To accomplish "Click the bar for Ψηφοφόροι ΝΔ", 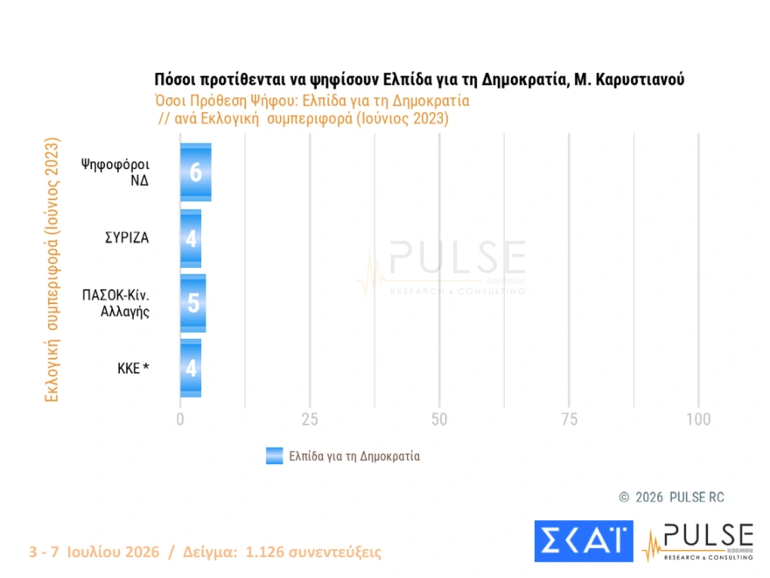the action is coord(196,172).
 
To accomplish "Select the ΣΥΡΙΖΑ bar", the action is coord(191,238).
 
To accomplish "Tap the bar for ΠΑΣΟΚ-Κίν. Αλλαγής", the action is coord(193,303).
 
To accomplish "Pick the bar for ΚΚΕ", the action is coord(191,368).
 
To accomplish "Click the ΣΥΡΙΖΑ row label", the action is coord(127,238).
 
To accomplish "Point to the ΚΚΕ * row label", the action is coord(133,368).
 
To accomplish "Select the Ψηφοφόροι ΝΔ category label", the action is coord(115,172).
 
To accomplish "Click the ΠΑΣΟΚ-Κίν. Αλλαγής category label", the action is coord(115,303).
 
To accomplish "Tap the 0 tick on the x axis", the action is coord(180,419).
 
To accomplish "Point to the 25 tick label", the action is coord(310,419).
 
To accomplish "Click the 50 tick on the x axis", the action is coord(439,419).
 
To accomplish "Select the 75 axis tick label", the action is coord(569,419).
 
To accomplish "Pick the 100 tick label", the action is coord(698,419).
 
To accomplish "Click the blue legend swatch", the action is coord(275,455).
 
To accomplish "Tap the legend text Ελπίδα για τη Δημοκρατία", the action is coord(354,456).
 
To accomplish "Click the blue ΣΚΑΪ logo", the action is coord(584,541).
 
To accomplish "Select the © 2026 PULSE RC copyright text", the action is coord(671,497).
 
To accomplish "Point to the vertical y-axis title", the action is coord(52,270).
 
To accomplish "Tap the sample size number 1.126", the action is coord(264,552).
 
